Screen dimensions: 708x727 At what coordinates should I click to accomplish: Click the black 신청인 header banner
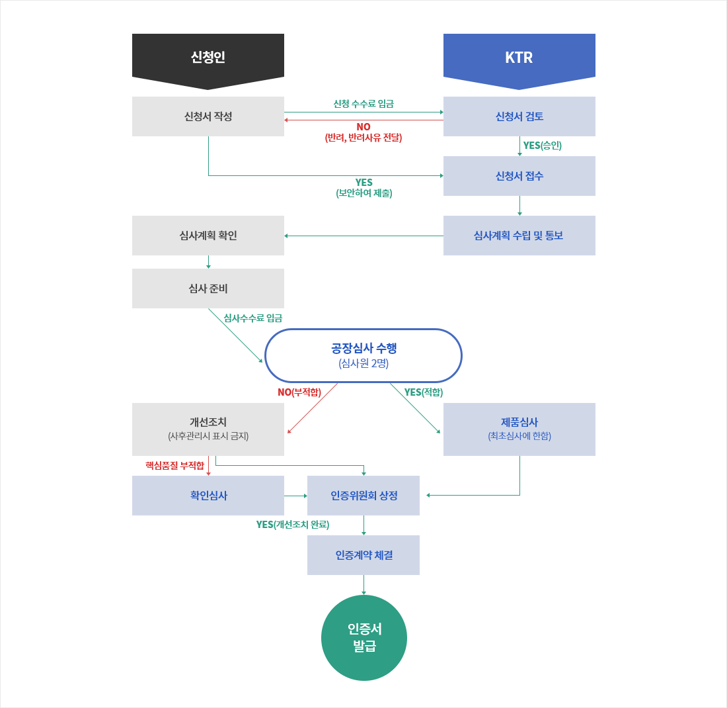coord(208,58)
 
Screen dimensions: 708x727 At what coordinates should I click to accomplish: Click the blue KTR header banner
coord(519,58)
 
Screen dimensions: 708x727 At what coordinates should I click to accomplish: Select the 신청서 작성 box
coord(208,116)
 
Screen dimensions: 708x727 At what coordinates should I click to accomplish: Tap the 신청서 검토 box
coord(519,116)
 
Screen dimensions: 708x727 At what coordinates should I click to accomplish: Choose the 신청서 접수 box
coord(519,176)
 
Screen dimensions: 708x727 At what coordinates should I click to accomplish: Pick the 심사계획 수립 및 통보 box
coord(519,236)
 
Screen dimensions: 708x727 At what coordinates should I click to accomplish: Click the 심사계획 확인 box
coord(208,236)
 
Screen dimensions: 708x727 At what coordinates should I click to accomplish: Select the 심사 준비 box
coord(208,288)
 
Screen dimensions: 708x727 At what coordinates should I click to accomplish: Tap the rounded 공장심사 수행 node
coord(363,355)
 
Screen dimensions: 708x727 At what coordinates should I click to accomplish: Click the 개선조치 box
coord(208,429)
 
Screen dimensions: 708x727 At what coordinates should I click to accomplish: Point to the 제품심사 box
coord(519,429)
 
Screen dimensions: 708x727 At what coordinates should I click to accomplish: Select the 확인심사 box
coord(208,496)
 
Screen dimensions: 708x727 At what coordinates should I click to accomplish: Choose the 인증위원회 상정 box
coord(363,496)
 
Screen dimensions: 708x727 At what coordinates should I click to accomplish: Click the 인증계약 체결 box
coord(363,555)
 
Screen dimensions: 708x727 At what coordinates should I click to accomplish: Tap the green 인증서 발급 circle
coord(363,638)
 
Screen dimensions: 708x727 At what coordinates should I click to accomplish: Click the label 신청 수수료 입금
coord(363,104)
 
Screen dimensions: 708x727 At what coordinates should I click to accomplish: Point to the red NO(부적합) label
coord(299,392)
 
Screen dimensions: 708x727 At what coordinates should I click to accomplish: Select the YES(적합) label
coord(423,392)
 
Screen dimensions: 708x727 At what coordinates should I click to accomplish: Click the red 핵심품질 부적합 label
coord(174,466)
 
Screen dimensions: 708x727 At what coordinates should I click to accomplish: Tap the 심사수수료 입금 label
coord(252,318)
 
